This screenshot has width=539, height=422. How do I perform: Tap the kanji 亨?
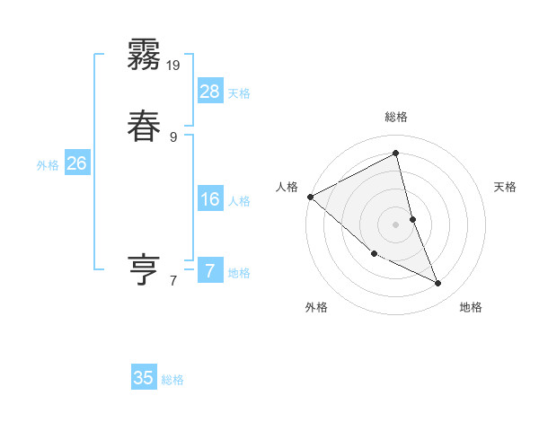tap(144, 269)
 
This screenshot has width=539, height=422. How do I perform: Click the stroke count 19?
tap(174, 65)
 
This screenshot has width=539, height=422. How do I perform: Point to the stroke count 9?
tap(173, 136)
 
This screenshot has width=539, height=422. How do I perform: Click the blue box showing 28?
tap(210, 91)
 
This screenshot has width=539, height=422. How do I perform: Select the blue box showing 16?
tap(210, 199)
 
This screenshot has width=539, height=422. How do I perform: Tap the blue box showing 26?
tap(76, 163)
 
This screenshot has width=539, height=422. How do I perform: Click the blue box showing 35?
tap(144, 378)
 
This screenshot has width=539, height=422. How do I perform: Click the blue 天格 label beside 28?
tap(239, 93)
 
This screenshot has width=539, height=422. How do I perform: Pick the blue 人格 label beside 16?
tap(239, 201)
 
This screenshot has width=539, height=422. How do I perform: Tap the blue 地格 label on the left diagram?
tap(239, 273)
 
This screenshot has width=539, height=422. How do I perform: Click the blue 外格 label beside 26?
tap(47, 165)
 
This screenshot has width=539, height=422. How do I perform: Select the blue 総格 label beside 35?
tap(172, 380)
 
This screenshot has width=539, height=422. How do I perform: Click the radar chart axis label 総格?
tap(396, 117)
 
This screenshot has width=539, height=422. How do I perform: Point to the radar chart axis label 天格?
tap(506, 187)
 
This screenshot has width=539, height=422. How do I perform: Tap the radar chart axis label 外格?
tap(316, 307)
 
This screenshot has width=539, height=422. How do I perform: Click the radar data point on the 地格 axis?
tap(437, 284)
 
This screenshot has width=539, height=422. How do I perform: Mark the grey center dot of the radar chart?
tap(396, 224)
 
